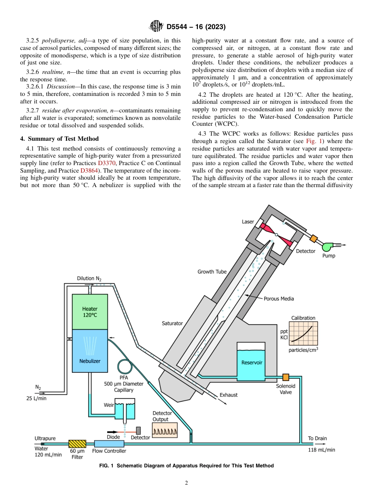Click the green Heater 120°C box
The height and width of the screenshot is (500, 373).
tap(90, 311)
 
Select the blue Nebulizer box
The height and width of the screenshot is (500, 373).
tap(90, 351)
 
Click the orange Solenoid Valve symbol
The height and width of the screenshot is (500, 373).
tap(285, 377)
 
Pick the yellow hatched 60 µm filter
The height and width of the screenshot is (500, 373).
tap(77, 443)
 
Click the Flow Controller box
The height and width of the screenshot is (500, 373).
tap(109, 443)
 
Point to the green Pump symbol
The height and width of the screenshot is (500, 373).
tap(327, 247)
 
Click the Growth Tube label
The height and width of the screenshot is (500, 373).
tap(212, 272)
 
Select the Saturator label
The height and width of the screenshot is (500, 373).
tap(172, 323)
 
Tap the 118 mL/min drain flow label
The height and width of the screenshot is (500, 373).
tap(321, 450)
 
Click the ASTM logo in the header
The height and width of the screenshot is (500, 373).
tap(156, 27)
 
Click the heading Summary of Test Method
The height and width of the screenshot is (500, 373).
tap(59, 138)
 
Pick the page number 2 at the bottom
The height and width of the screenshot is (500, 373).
tap(186, 483)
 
